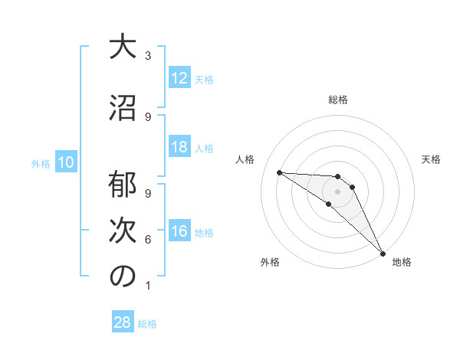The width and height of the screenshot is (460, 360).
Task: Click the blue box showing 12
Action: click(179, 78)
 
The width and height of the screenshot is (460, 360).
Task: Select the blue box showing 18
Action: click(179, 147)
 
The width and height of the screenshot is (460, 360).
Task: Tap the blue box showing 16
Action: click(179, 231)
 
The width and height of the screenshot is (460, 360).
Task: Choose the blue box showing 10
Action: click(66, 162)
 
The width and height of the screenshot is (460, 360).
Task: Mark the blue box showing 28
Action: click(123, 322)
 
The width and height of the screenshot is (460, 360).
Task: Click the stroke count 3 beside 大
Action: click(148, 56)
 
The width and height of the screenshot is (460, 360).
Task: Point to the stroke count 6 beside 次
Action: click(148, 240)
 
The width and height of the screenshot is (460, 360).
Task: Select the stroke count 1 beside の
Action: click(148, 286)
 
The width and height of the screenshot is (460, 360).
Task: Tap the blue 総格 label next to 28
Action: click(147, 324)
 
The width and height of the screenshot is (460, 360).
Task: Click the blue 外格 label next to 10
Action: click(41, 163)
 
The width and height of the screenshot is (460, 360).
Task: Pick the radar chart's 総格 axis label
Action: click(338, 100)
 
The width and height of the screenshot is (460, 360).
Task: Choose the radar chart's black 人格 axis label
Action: click(245, 159)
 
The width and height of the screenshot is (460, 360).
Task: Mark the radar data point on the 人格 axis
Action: click(279, 172)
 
